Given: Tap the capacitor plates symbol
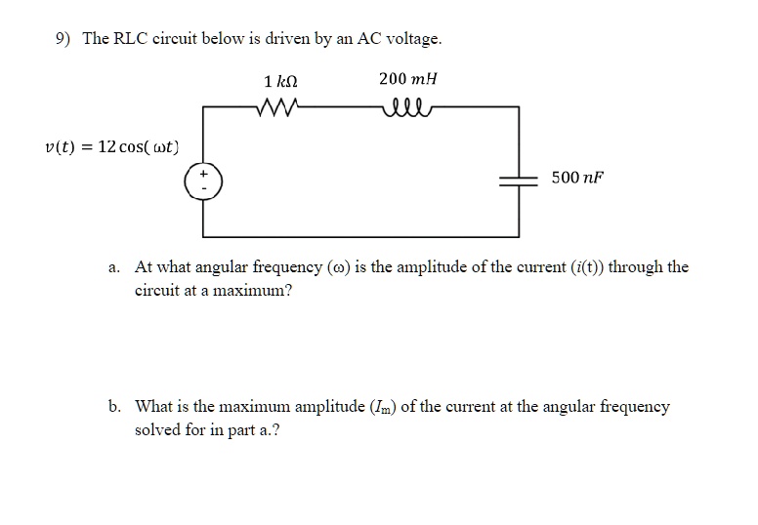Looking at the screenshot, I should click(518, 179).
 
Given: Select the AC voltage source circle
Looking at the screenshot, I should click(204, 182).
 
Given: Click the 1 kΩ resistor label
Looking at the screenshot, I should click(281, 80).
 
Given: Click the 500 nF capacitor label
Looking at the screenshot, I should click(577, 178).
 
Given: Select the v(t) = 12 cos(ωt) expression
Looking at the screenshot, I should click(111, 147).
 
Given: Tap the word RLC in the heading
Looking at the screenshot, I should click(132, 39).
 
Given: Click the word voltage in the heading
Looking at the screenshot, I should click(414, 39).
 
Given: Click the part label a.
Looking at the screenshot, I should click(114, 266).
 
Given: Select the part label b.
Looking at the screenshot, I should click(115, 406).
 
